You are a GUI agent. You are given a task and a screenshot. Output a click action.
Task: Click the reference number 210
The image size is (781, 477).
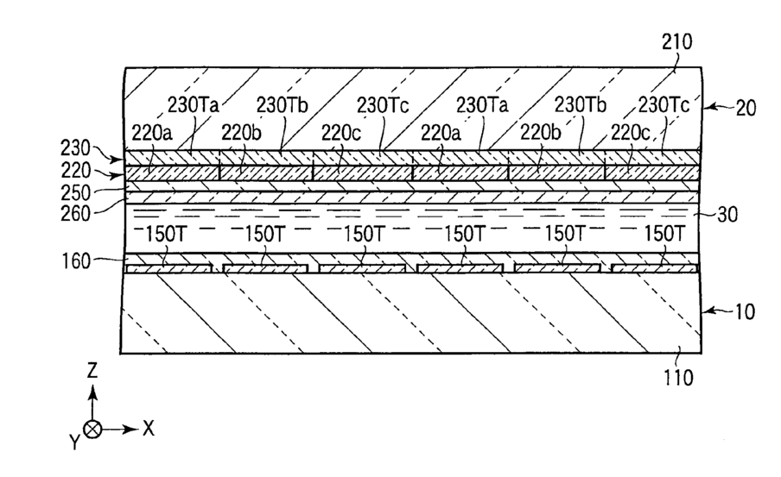pyautogui.click(x=677, y=41)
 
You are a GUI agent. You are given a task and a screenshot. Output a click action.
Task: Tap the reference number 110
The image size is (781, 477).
pyautogui.click(x=678, y=378)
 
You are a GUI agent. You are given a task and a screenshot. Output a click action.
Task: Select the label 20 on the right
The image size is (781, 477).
pyautogui.click(x=746, y=108)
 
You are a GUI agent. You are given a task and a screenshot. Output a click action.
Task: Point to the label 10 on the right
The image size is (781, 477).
pyautogui.click(x=745, y=312)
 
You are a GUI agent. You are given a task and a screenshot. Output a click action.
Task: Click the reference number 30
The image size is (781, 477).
pyautogui.click(x=727, y=215)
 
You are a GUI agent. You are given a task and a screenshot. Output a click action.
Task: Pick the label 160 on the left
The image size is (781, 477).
pyautogui.click(x=76, y=260)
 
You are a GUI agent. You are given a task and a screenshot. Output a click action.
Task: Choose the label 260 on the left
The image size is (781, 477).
pyautogui.click(x=76, y=214)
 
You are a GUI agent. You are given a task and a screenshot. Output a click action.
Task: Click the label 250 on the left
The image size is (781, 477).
pyautogui.click(x=76, y=193)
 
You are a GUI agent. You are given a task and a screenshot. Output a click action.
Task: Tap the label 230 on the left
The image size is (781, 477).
pyautogui.click(x=76, y=148)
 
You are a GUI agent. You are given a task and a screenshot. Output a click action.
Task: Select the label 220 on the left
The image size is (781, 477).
pyautogui.click(x=76, y=171)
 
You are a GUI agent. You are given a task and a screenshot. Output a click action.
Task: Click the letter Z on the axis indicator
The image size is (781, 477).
pyautogui.click(x=92, y=371)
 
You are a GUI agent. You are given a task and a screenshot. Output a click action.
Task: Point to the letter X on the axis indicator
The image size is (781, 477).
pyautogui.click(x=149, y=428)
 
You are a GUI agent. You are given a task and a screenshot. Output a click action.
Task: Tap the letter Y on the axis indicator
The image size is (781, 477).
pyautogui.click(x=74, y=441)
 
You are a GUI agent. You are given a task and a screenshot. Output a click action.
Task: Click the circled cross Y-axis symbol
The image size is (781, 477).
pyautogui.click(x=92, y=430)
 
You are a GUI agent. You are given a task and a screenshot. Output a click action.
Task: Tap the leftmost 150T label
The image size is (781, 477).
pyautogui.click(x=165, y=234)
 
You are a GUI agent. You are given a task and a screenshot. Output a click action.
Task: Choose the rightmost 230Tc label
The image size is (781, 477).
pyautogui.click(x=664, y=105)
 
